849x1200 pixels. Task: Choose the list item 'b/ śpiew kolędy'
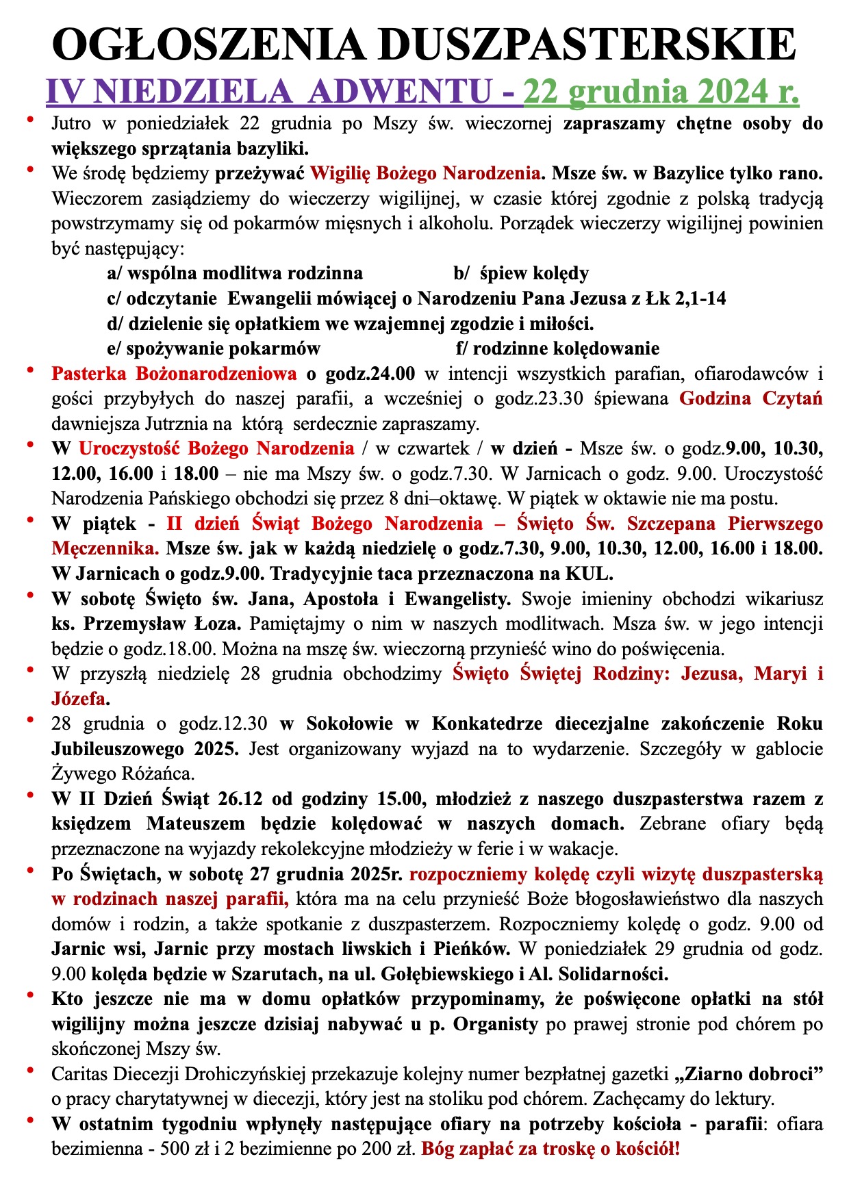pyautogui.click(x=521, y=274)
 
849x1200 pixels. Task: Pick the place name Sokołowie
pyautogui.click(x=349, y=724)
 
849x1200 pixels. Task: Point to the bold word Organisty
pyautogui.click(x=496, y=1024)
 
